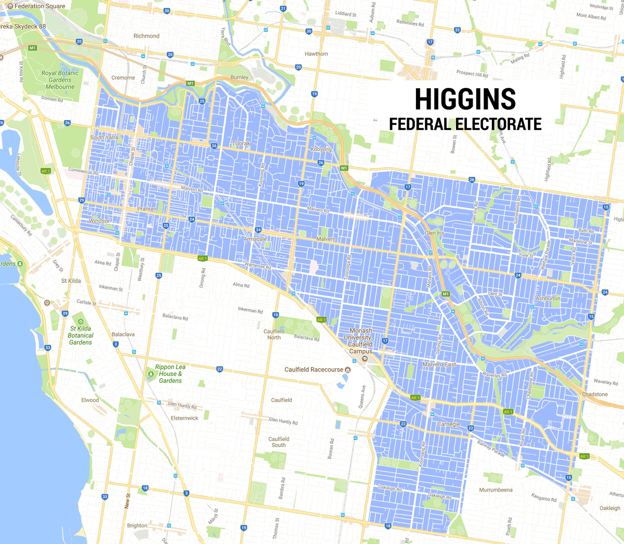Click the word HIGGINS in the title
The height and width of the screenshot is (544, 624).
(465, 99)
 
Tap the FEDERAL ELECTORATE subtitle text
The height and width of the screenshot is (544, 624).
(465, 124)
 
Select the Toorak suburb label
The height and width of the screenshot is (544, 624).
(241, 143)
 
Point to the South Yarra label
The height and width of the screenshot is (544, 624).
(104, 138)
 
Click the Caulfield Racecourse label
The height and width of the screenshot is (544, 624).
(314, 369)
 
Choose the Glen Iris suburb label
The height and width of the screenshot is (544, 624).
(434, 233)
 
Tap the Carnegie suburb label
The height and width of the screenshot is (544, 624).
(448, 424)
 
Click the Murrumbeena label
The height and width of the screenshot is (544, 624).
(496, 490)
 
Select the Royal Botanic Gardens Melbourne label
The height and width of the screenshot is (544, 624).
(60, 80)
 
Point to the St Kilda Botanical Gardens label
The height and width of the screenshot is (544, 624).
(81, 335)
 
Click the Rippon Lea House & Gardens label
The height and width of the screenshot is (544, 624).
(170, 374)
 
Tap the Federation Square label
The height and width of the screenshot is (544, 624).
(40, 6)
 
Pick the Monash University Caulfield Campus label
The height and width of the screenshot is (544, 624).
(360, 341)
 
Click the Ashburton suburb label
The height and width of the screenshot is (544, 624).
(548, 299)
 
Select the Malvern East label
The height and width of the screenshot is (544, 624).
(439, 364)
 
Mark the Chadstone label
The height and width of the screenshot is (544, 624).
(595, 394)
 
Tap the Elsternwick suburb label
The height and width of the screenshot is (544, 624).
(185, 418)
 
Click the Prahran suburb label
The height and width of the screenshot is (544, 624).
(147, 209)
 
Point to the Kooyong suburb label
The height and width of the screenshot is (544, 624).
(321, 149)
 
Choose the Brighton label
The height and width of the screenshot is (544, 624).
(137, 525)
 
